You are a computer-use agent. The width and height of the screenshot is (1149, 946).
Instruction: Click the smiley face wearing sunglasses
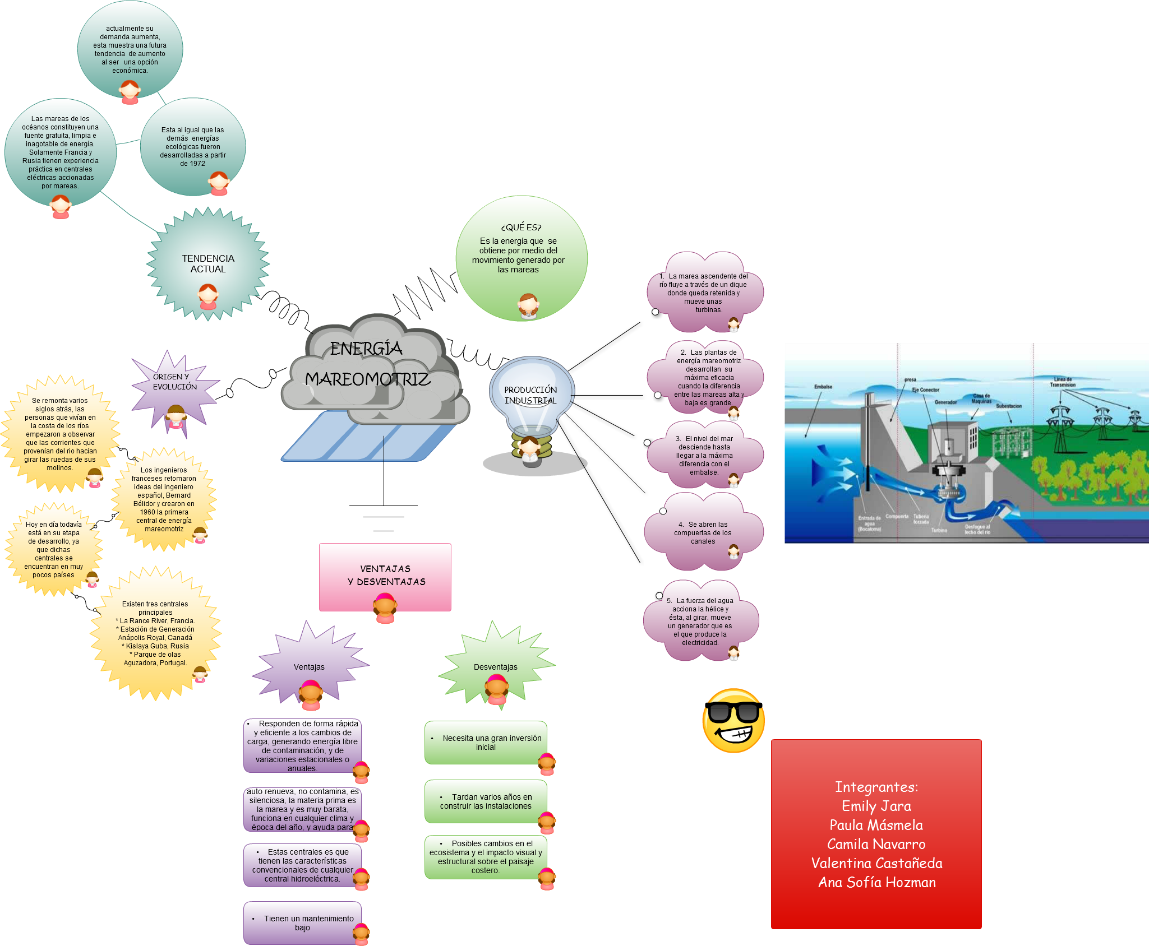[x=733, y=720]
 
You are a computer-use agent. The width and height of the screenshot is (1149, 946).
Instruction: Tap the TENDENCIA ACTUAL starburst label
[x=208, y=264]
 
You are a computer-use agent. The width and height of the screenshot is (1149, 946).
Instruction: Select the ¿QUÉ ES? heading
[x=521, y=227]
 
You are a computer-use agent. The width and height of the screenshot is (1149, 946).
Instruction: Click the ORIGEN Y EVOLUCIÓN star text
[x=175, y=382]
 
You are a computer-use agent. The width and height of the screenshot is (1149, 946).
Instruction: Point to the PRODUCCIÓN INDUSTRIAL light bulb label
[x=530, y=395]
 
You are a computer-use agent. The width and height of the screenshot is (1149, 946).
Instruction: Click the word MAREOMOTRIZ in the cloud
[x=368, y=379]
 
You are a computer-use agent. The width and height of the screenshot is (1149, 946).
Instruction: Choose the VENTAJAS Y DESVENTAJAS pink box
[x=385, y=576]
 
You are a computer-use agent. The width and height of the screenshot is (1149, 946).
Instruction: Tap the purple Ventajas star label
[x=309, y=667]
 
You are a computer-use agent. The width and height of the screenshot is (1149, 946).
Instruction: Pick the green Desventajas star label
[x=496, y=667]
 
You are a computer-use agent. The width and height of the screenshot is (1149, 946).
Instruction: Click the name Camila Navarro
[x=876, y=844]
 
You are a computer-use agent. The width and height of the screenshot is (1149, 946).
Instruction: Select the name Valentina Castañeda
[x=876, y=863]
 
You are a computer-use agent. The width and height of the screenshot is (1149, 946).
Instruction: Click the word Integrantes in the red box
[x=876, y=787]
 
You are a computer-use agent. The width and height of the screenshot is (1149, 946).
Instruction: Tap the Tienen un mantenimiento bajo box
[x=303, y=922]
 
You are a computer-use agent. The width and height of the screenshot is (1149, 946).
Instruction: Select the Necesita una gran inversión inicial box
[x=486, y=743]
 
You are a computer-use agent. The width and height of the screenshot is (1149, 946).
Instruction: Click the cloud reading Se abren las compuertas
[x=703, y=533]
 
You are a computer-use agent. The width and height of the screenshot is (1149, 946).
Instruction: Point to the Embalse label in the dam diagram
[x=823, y=387]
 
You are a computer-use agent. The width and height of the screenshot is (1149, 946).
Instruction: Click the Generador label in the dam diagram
[x=945, y=402]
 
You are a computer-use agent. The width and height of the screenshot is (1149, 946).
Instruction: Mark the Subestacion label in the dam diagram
[x=1009, y=406]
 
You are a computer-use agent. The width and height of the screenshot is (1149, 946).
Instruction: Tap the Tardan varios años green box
[x=486, y=801]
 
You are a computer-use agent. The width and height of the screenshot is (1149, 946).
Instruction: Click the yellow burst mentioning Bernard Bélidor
[x=164, y=499]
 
